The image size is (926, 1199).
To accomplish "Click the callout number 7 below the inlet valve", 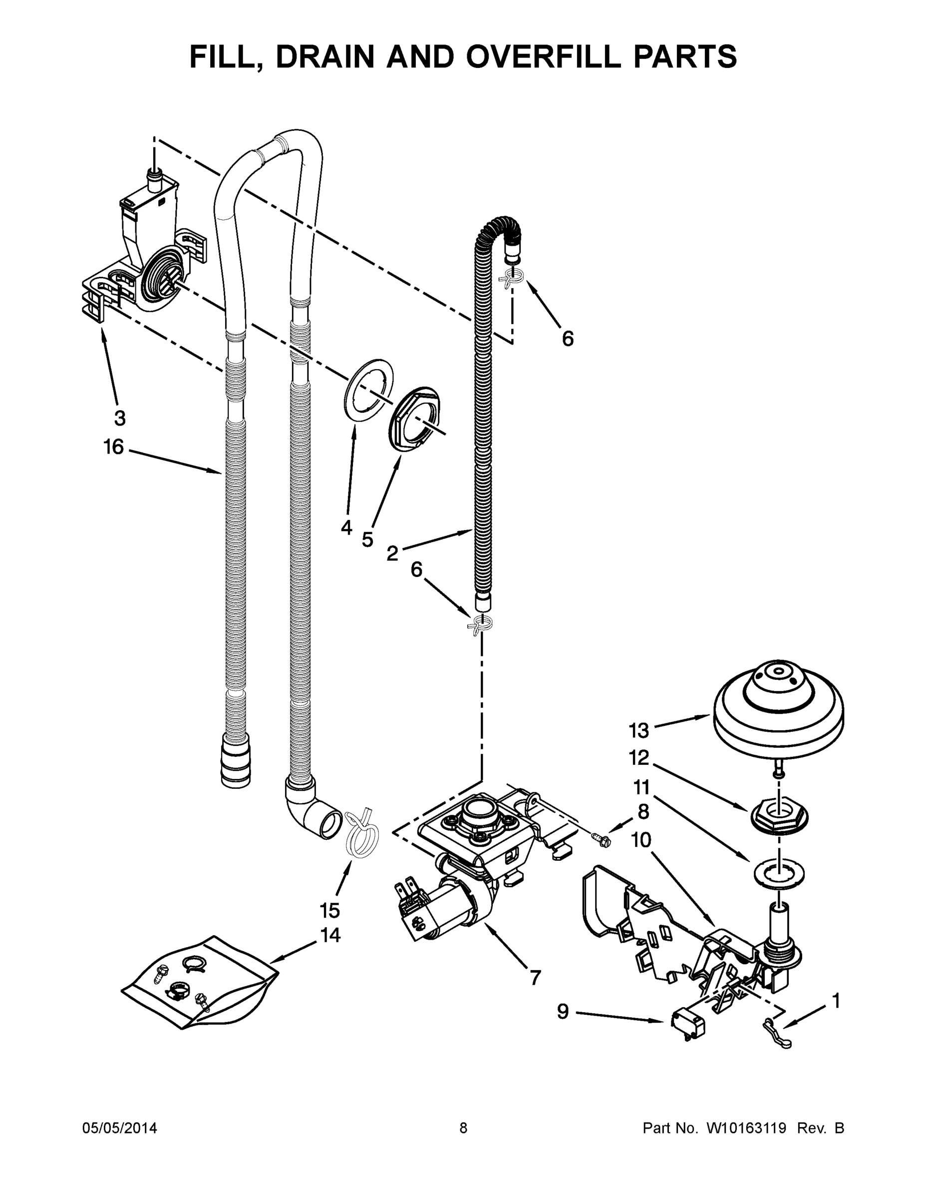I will click(535, 977).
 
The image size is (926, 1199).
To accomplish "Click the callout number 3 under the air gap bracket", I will click(120, 418).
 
